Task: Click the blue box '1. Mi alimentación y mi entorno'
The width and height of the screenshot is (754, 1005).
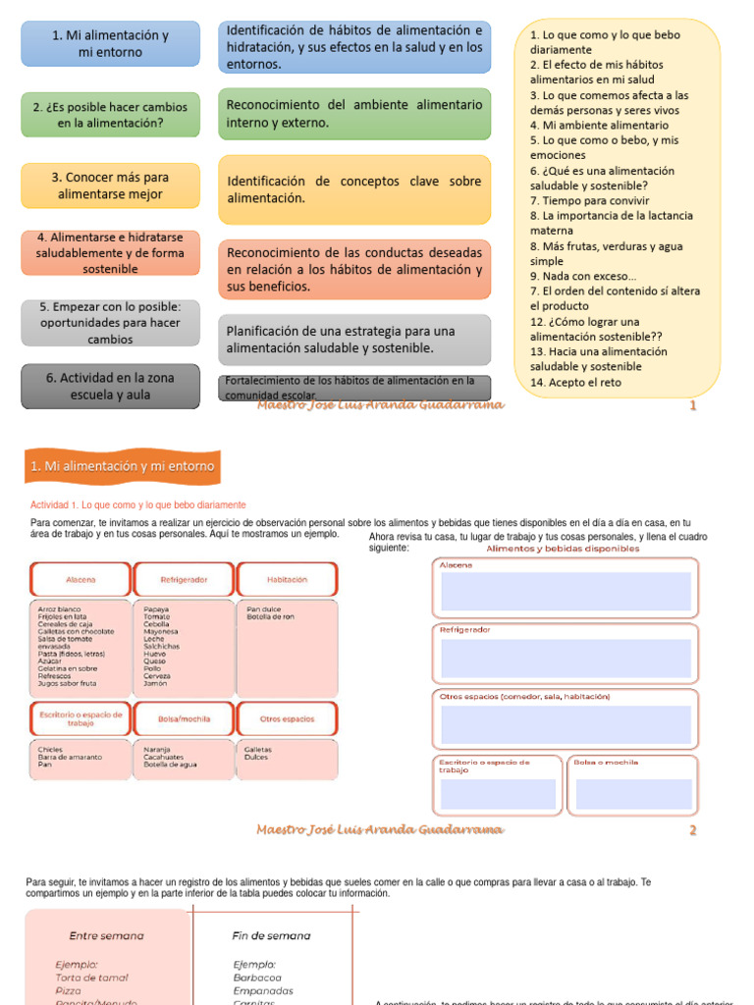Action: point(110,43)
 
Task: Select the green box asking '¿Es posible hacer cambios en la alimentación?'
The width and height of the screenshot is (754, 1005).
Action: point(110,115)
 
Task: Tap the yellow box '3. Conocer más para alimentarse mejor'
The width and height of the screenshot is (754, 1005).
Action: point(110,185)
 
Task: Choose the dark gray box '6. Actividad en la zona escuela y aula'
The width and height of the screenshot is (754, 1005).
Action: point(110,386)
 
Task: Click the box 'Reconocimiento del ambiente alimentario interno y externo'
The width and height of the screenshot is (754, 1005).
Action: point(354,114)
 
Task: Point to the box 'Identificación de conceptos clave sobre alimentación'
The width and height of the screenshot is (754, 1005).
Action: point(354,189)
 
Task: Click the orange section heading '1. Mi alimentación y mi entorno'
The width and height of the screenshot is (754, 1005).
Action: point(123,466)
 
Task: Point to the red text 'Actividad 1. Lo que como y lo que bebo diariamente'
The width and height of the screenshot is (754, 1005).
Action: point(138,504)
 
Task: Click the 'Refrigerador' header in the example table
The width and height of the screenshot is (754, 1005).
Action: point(184,580)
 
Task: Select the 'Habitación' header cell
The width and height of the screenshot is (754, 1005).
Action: point(287,580)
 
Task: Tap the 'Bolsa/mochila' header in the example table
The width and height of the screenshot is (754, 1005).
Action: point(184,718)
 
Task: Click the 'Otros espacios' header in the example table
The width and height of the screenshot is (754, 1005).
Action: point(287,718)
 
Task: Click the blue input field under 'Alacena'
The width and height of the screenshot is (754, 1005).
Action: point(565,592)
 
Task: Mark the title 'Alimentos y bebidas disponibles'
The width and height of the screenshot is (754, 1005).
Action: point(563,549)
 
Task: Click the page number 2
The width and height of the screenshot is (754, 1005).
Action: point(693,830)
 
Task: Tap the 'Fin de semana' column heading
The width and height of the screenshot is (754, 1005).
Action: point(271,935)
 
